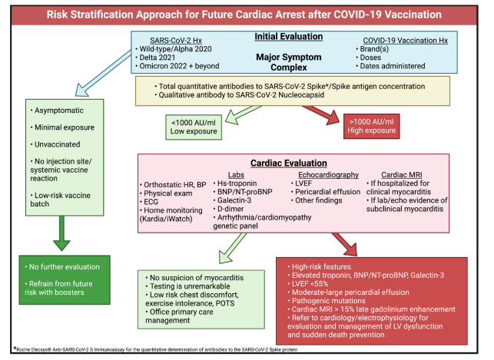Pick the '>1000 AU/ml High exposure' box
pos(371,126)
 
